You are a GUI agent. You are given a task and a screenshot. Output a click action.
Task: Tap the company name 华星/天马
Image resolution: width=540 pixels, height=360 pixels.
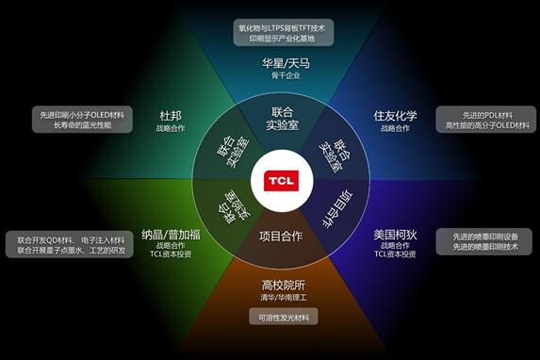(x=286, y=63)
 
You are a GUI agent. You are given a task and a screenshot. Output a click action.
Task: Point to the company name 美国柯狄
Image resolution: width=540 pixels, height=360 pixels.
(x=395, y=232)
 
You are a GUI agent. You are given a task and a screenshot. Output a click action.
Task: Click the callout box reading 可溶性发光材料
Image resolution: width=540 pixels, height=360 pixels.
(x=284, y=317)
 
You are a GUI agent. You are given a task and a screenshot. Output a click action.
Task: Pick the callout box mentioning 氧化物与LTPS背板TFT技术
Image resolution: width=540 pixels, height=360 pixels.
(x=284, y=32)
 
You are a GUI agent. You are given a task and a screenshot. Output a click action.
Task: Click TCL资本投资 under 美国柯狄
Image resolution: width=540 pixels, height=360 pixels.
(x=395, y=254)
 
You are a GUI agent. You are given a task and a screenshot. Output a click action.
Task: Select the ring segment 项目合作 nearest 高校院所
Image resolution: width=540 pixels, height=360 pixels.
(x=280, y=236)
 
